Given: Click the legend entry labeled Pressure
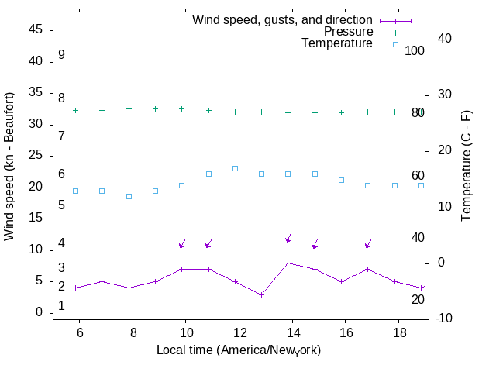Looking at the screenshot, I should [348, 32].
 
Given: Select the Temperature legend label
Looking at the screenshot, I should [337, 43].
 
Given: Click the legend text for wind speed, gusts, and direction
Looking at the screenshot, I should [282, 20].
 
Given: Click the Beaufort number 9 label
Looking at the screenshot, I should [61, 55].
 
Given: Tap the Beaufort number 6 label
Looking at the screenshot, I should [61, 174].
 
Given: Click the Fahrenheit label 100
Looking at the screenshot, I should [415, 50].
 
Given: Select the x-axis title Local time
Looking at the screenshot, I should [239, 350].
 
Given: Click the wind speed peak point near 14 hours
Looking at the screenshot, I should [288, 263].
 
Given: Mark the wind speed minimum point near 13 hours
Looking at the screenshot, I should [262, 294].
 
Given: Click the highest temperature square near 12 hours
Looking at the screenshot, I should [235, 168].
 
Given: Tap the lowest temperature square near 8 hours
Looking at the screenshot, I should [129, 196].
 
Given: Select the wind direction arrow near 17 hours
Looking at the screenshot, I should [369, 243].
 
